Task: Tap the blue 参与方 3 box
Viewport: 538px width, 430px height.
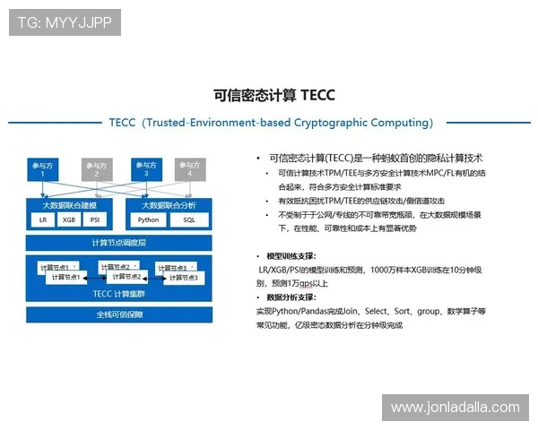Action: [x=145, y=168]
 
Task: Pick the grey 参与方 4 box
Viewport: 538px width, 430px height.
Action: [x=187, y=168]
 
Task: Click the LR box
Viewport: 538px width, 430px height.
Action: [x=43, y=219]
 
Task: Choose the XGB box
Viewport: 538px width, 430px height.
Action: [x=69, y=219]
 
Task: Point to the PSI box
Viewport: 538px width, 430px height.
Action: [x=95, y=219]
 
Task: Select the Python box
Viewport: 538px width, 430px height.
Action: [x=149, y=219]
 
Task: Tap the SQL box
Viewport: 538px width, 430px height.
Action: [x=189, y=219]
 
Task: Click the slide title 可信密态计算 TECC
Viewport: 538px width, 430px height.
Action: [x=274, y=94]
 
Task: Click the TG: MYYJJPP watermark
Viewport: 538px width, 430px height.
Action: [x=65, y=22]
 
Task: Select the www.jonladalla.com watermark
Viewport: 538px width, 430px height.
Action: [x=455, y=408]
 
